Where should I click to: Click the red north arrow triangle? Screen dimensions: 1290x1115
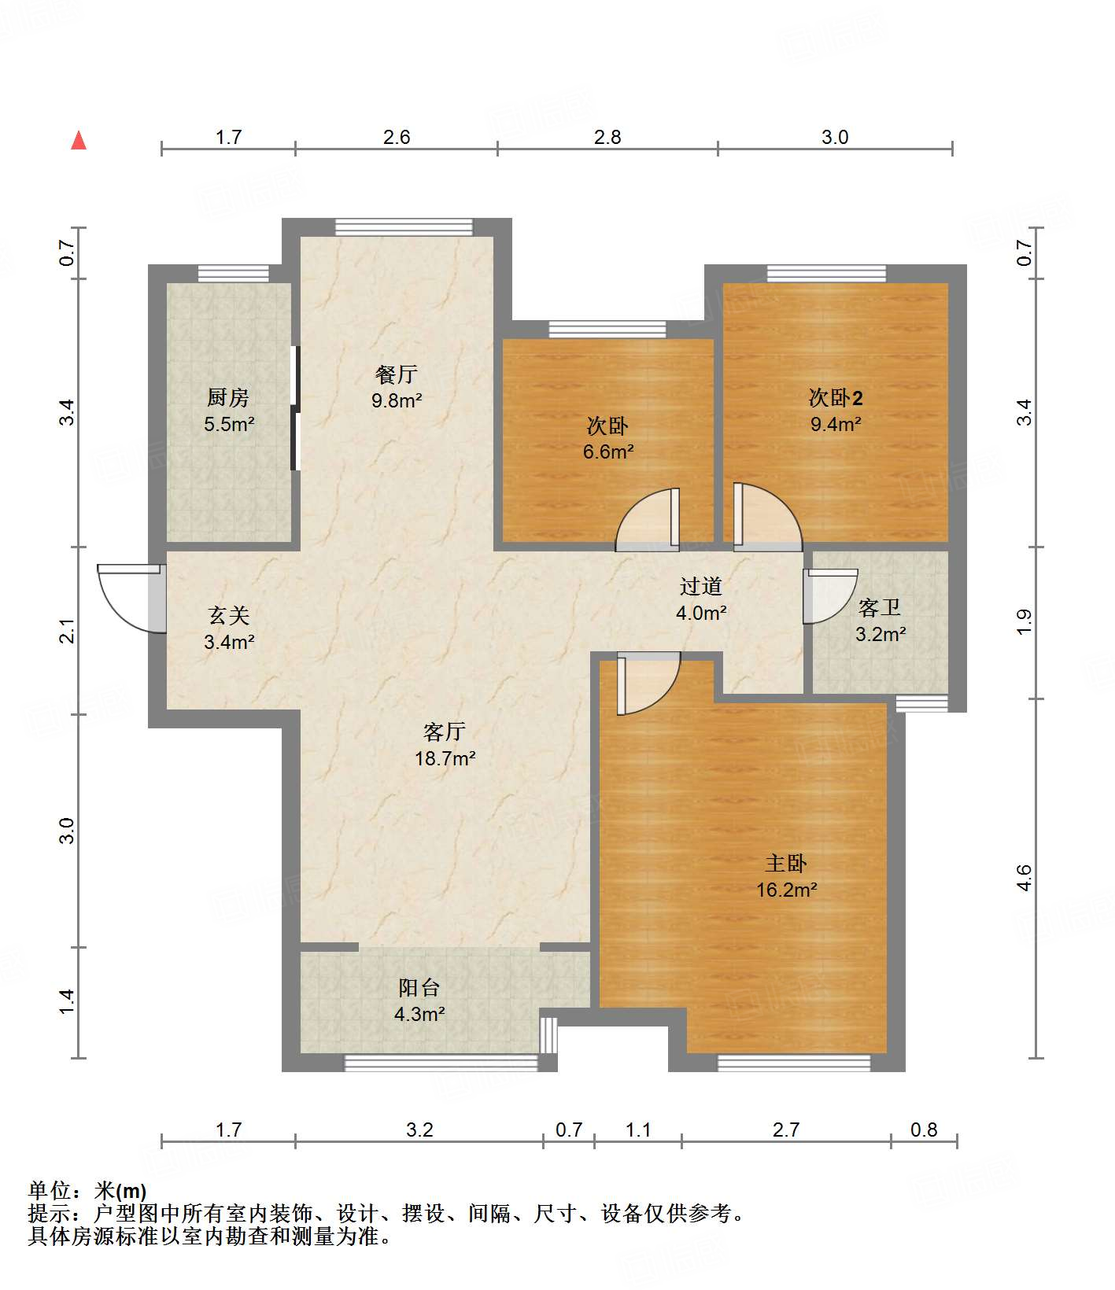click(x=79, y=141)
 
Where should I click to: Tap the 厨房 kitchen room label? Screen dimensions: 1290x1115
click(x=228, y=397)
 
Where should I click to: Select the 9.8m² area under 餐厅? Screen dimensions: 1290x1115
click(x=397, y=400)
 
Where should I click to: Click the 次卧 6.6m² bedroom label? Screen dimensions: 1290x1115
click(x=607, y=427)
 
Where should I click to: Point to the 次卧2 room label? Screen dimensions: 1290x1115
click(x=836, y=398)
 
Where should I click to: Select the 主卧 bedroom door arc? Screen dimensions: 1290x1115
click(x=647, y=684)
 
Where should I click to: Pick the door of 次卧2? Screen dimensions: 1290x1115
click(x=766, y=517)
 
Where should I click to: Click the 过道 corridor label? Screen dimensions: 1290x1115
click(x=700, y=586)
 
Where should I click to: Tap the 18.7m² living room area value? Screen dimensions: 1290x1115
click(x=445, y=759)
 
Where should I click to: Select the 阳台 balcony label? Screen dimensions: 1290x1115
click(x=419, y=988)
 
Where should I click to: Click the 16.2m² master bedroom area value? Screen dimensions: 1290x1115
click(x=786, y=890)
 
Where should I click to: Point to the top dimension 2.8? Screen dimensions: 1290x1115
click(x=607, y=138)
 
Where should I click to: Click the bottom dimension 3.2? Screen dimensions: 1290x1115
click(x=419, y=1130)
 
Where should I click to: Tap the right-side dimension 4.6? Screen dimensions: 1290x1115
click(x=1023, y=878)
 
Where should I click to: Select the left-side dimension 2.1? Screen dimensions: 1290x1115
click(x=68, y=632)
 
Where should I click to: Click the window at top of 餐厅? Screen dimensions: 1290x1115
click(x=404, y=227)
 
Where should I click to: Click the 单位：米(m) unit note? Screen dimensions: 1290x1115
click(x=87, y=1191)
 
